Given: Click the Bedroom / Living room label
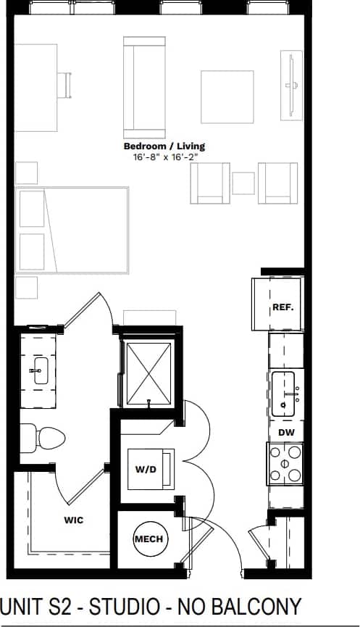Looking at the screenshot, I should click(x=164, y=146).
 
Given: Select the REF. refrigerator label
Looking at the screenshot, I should click(x=282, y=307).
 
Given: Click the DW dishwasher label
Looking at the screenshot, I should click(x=285, y=433).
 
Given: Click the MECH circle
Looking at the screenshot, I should click(x=149, y=539).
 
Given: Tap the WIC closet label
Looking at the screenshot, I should click(x=73, y=520).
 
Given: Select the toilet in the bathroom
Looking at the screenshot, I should click(x=43, y=437).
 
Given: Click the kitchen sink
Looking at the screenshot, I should click(x=286, y=394).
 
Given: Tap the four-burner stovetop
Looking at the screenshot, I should click(x=285, y=464).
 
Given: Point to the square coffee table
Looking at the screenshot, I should click(x=227, y=96).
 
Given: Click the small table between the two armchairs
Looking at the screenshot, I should click(x=244, y=183).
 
